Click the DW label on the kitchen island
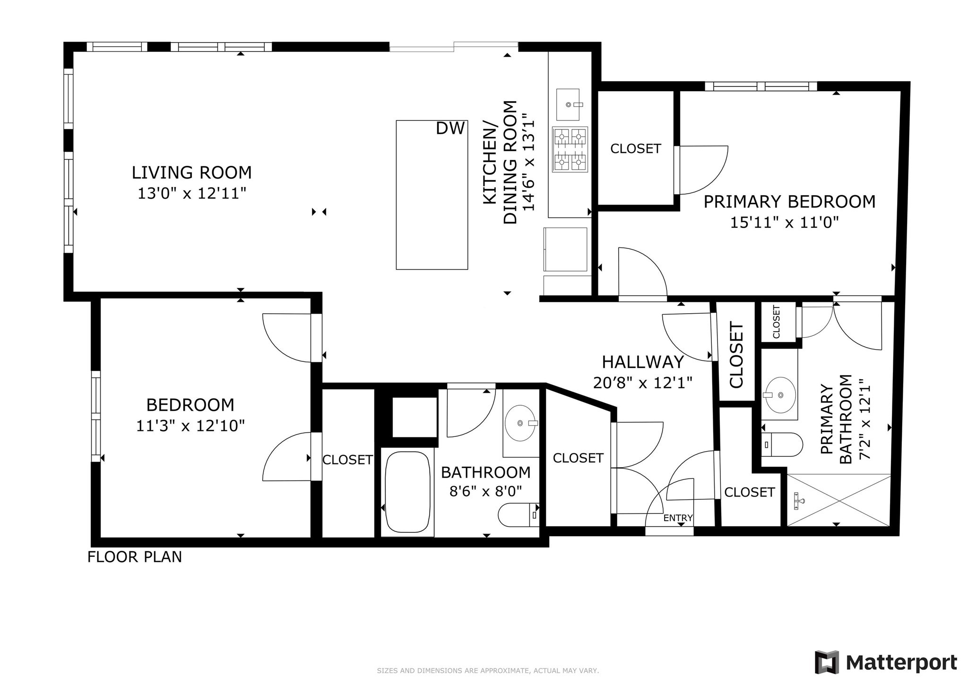[x=450, y=128]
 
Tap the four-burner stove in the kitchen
[x=570, y=149]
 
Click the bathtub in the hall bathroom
[x=407, y=492]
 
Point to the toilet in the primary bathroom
[x=782, y=445]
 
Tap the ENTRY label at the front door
[x=678, y=518]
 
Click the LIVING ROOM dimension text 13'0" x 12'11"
[x=192, y=193]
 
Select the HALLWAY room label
[x=643, y=362]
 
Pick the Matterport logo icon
[x=827, y=662]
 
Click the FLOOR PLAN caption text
[x=135, y=557]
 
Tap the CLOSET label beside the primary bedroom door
[x=635, y=149]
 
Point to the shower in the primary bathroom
[x=838, y=500]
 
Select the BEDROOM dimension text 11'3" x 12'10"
[x=190, y=426]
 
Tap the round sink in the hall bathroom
[x=520, y=423]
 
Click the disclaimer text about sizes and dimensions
[x=487, y=671]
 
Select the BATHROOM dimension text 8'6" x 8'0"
[x=485, y=492]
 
